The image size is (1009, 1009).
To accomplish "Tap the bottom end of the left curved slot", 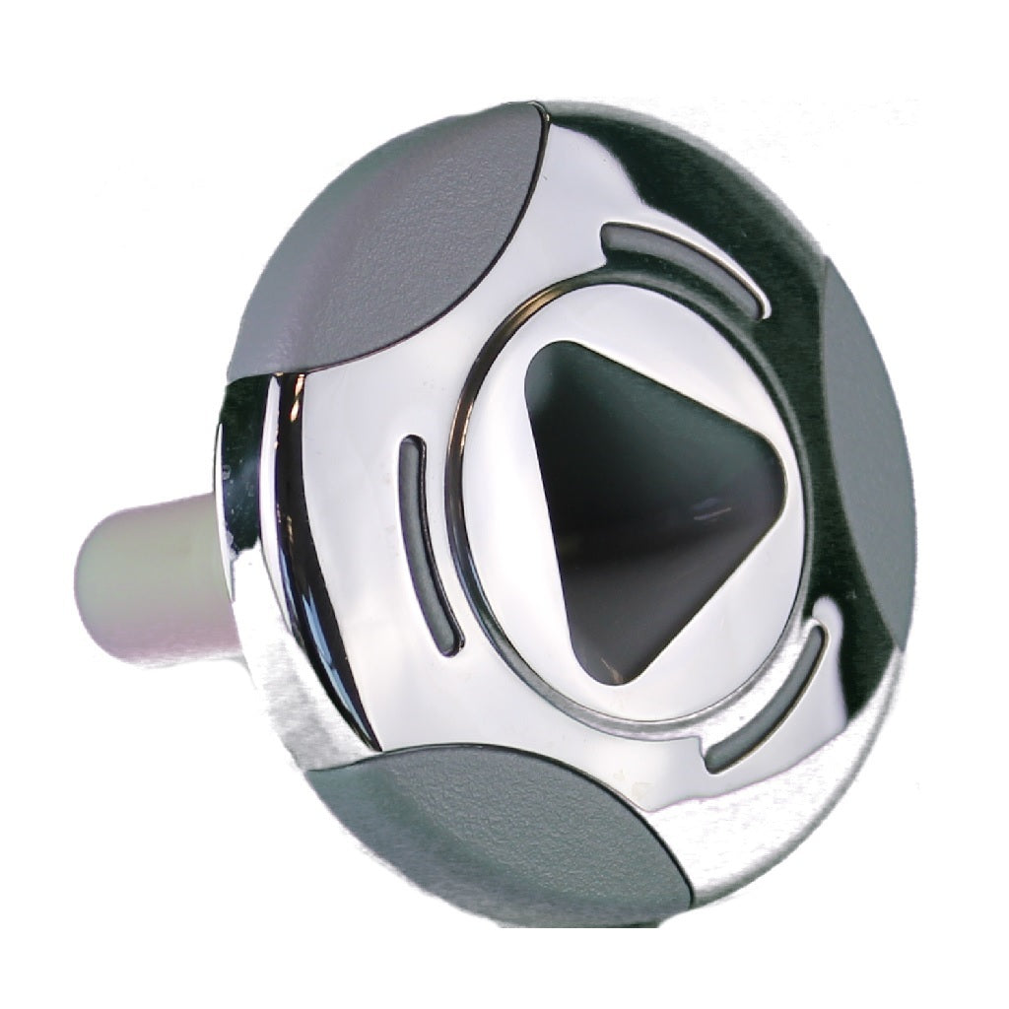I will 448,644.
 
